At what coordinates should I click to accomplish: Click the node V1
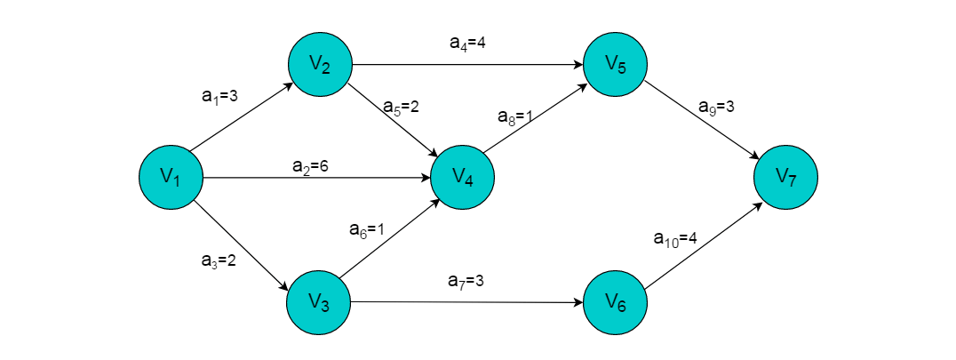(171, 178)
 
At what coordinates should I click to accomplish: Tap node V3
(319, 302)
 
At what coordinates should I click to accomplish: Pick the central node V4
(462, 178)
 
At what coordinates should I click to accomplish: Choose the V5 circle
(616, 64)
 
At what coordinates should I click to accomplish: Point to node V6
(616, 303)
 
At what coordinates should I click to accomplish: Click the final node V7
(785, 178)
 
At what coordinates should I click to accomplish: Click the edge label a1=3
(219, 97)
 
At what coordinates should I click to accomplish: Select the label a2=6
(310, 165)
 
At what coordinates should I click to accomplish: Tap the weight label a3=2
(219, 261)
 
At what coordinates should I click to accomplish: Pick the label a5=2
(401, 107)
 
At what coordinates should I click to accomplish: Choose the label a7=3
(466, 282)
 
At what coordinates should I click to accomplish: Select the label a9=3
(717, 107)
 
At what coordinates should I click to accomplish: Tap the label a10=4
(674, 238)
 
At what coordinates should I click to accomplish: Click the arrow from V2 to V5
(467, 65)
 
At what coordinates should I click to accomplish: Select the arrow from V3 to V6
(467, 302)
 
